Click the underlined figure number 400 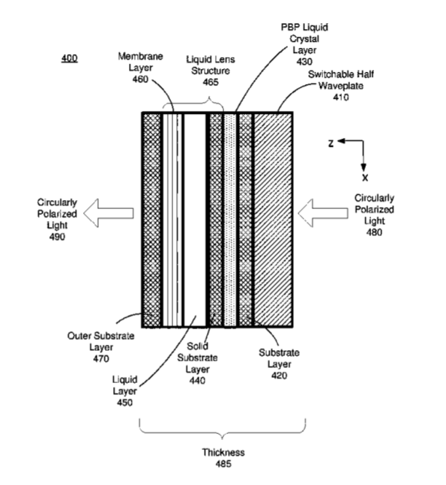[x=69, y=58]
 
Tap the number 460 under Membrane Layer [x=140, y=79]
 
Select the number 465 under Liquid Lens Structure [x=211, y=82]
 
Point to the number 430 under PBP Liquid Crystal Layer [x=304, y=61]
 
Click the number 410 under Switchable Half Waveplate [x=341, y=97]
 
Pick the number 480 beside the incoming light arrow [x=374, y=232]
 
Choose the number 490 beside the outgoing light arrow [x=57, y=237]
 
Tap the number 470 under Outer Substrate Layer [x=101, y=359]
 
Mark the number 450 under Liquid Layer [x=124, y=403]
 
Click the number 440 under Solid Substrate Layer [x=197, y=380]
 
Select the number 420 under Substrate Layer [x=280, y=376]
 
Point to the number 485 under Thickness [x=223, y=464]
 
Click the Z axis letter [x=331, y=143]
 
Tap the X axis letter [x=365, y=178]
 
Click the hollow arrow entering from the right [x=323, y=213]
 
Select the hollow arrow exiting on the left [x=109, y=213]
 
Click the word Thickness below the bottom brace [x=223, y=452]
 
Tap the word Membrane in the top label [x=140, y=56]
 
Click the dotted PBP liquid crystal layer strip [x=230, y=220]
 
